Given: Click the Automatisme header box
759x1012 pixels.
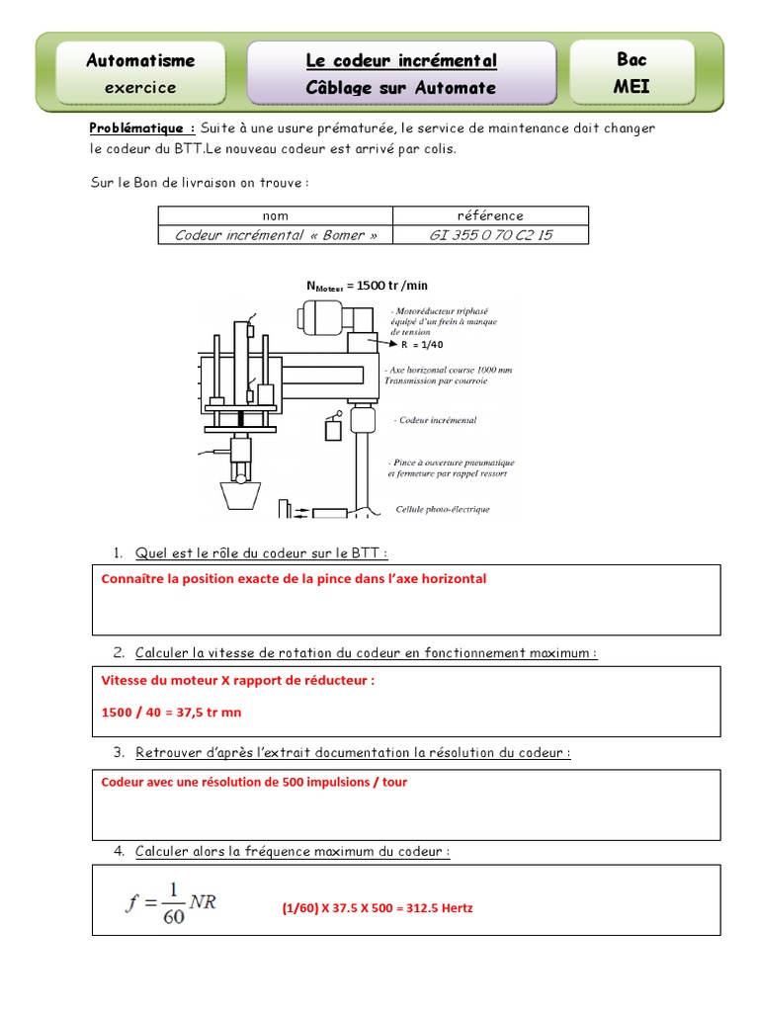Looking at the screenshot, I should coord(140,72).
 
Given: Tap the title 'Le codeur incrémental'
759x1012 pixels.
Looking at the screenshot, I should coord(401,61).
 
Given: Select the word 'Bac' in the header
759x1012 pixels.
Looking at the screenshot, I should coord(632,59).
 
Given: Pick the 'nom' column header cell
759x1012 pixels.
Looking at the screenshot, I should coord(276,215).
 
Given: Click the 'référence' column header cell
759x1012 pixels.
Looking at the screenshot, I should coord(490,215).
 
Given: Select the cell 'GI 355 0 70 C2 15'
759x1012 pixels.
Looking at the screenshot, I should coord(490,235).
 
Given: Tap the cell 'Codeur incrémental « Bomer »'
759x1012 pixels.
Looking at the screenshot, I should coord(276,235).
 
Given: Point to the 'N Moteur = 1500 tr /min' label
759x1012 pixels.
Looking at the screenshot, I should coord(367,286).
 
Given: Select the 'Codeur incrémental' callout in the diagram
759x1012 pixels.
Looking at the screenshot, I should coord(437,420).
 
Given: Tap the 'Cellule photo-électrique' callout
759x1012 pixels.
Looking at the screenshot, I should coord(442,510).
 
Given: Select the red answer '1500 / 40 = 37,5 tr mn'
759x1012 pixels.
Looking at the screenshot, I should coord(171,712).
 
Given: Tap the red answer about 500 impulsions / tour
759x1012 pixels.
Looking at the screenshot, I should coord(254,782).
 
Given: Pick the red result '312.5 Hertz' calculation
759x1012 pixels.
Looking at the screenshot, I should coord(377,907).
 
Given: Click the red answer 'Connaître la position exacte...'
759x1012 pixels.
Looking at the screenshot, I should coord(294,579).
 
